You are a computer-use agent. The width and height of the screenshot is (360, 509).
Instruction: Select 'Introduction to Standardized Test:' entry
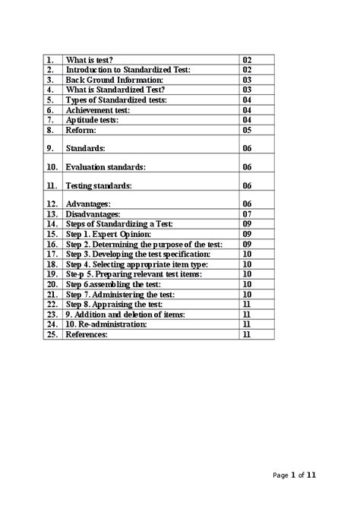click(128, 69)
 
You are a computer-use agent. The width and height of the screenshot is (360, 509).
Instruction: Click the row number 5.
click(50, 100)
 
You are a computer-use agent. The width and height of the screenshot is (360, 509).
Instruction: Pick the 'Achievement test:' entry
click(96, 109)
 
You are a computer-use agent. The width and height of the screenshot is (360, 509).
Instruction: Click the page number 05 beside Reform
click(247, 130)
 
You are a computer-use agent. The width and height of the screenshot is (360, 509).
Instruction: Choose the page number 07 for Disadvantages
click(247, 214)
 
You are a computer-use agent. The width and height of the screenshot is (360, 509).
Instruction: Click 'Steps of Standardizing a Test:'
click(120, 224)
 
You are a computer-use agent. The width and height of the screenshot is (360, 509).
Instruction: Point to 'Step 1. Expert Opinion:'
click(109, 235)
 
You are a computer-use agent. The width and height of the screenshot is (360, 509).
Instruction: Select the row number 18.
click(52, 264)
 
